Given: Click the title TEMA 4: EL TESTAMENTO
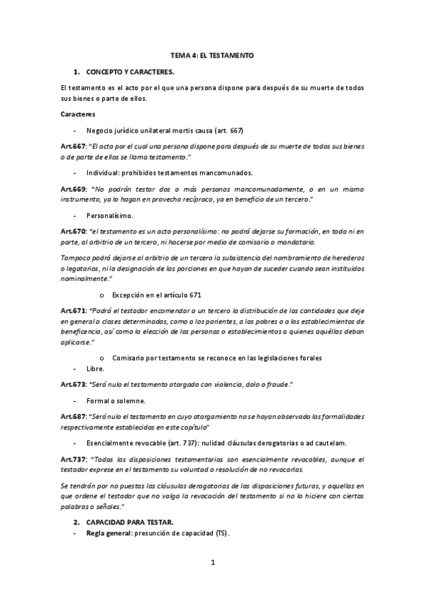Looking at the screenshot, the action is tap(212, 55).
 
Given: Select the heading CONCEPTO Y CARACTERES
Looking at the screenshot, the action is tap(130, 72).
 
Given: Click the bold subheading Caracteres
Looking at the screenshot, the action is tap(78, 114).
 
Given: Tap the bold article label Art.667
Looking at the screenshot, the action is tap(73, 146).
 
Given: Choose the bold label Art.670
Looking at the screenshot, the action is tap(73, 231).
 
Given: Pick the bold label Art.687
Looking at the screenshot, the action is tap(73, 415).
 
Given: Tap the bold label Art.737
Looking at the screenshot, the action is tap(73, 459).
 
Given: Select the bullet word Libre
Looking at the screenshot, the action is tap(95, 368).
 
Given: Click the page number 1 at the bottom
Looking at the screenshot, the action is tap(213, 564).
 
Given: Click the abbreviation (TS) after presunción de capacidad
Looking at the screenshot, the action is tap(221, 533).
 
